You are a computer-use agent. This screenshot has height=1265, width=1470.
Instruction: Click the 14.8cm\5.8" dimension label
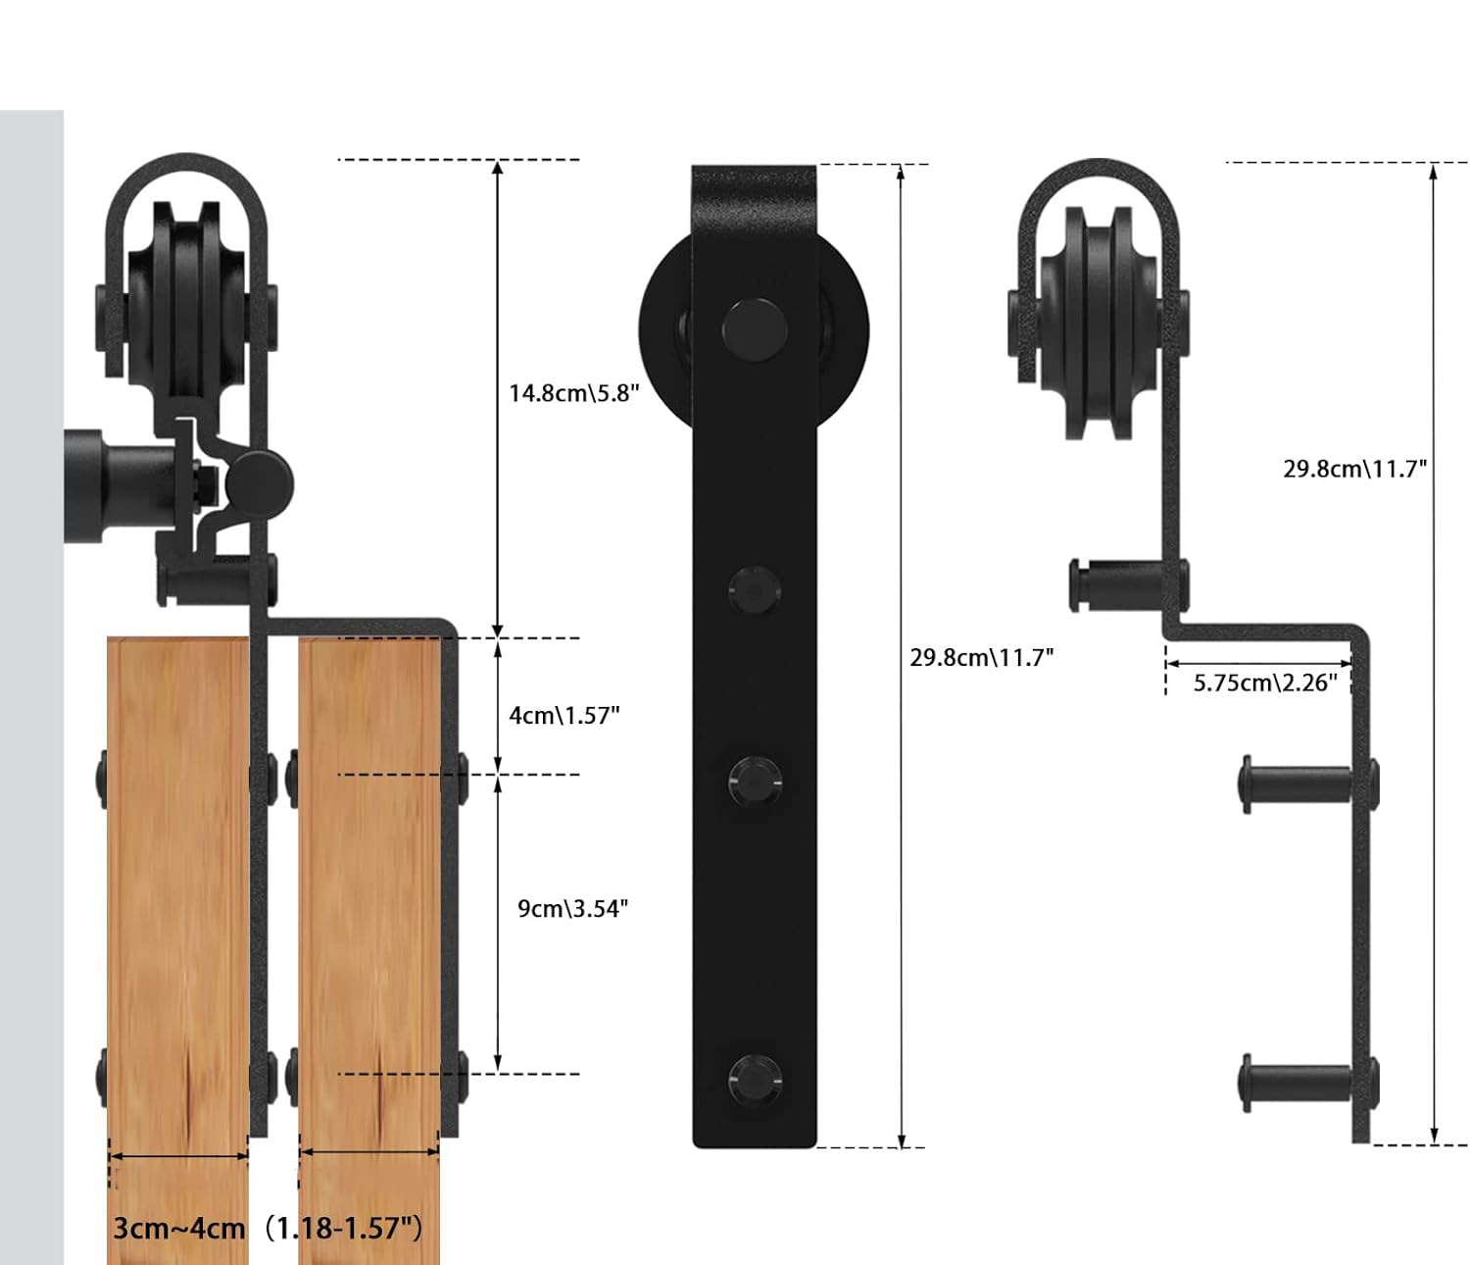pos(574,393)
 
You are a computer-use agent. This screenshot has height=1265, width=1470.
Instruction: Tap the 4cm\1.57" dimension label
pos(563,715)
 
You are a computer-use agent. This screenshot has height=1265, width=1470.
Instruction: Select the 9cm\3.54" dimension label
pos(572,909)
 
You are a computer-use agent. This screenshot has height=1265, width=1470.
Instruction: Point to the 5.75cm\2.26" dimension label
pos(1265,683)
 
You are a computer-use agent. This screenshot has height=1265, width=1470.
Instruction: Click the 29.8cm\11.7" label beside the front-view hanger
pos(981,657)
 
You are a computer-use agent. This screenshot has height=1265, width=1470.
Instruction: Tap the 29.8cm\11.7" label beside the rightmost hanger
pos(1354,469)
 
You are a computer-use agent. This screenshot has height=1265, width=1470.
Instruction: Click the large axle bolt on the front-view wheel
pos(755,330)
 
